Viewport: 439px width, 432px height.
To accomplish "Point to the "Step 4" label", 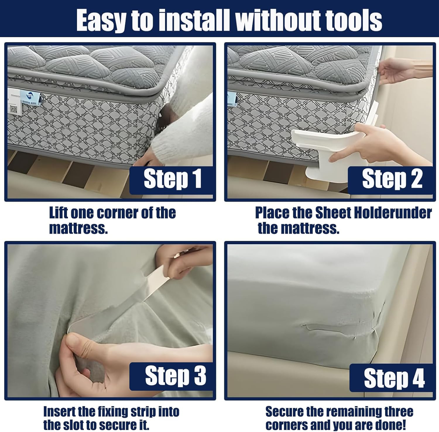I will point(394,378).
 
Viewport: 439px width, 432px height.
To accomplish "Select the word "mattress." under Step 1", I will point(78,229).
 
